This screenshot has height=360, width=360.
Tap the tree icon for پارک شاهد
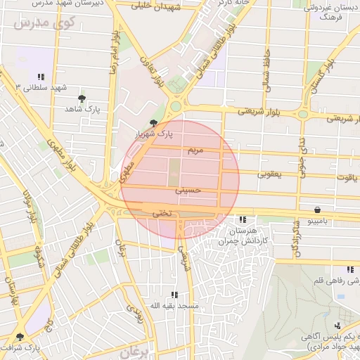(82, 98)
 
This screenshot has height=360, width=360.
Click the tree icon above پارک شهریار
(155, 122)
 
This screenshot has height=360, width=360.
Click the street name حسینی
(192, 189)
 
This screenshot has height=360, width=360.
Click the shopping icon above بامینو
(318, 210)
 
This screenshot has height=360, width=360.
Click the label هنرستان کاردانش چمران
(252, 236)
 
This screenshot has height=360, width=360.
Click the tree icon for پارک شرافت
(19, 337)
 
